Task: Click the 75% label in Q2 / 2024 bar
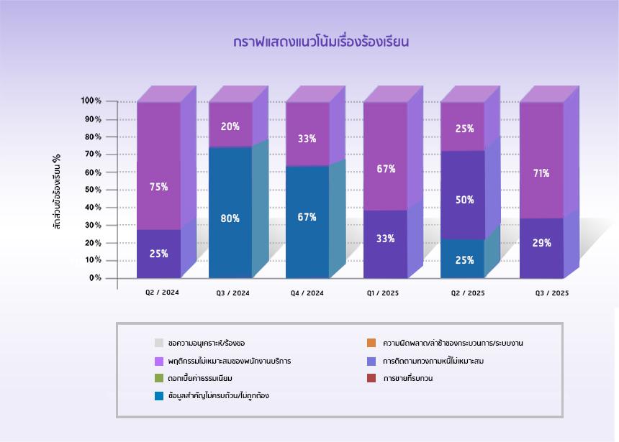[158, 187]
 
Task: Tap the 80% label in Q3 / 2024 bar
[230, 218]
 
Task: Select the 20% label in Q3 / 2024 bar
[230, 126]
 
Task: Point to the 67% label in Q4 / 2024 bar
[307, 217]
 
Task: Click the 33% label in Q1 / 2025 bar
[385, 239]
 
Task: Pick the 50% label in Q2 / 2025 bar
[464, 200]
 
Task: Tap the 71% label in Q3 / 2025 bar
[541, 172]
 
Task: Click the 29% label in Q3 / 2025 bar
[541, 243]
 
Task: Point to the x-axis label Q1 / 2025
[382, 293]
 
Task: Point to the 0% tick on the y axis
[95, 278]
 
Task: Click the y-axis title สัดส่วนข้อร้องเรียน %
[56, 191]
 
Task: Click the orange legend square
[372, 343]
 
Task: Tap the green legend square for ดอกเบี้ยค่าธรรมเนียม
[159, 378]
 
